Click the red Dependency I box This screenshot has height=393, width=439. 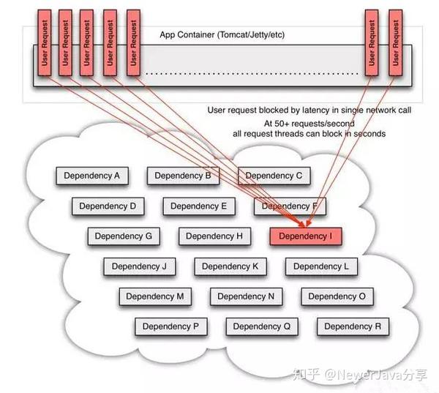[x=306, y=236]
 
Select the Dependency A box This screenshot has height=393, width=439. [x=92, y=176]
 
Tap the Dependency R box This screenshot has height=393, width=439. [x=353, y=326]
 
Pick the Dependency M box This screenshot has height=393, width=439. [x=155, y=296]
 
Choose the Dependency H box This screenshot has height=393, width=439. [x=214, y=236]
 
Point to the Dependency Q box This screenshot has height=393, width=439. [x=262, y=326]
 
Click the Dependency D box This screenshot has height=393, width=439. [x=108, y=206]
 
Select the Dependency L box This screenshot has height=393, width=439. [x=321, y=266]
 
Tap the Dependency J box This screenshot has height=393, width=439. [x=140, y=266]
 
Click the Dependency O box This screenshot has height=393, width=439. [x=337, y=296]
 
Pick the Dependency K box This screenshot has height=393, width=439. [x=230, y=266]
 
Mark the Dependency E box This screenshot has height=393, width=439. [x=199, y=206]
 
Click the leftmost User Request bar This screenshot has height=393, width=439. [x=45, y=42]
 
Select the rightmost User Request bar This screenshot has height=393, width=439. [x=396, y=42]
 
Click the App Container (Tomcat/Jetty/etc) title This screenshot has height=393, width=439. [x=222, y=34]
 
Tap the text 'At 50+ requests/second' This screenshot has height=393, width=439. [x=309, y=124]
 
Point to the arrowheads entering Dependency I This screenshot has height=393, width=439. [x=305, y=223]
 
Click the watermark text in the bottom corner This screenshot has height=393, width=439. [x=360, y=375]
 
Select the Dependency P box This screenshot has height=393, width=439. [x=171, y=326]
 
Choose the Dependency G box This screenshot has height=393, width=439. [x=124, y=236]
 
